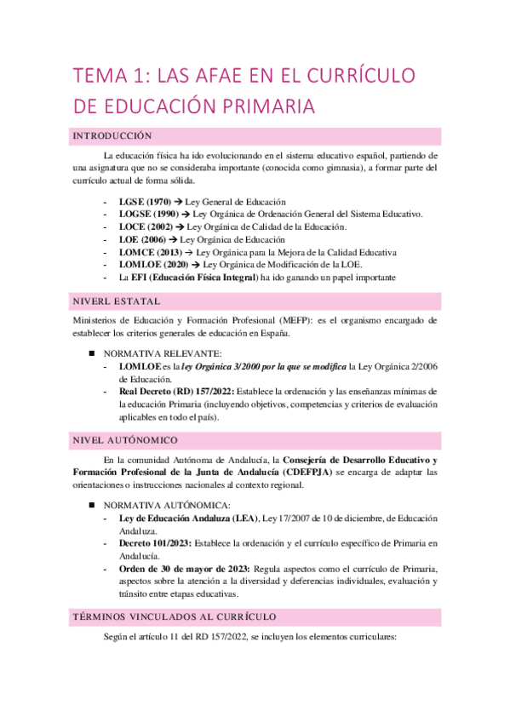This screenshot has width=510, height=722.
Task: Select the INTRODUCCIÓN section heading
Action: click(x=112, y=136)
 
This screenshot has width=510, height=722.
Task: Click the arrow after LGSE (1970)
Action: click(x=183, y=201)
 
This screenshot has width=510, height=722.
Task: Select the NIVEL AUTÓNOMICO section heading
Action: click(x=125, y=440)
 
